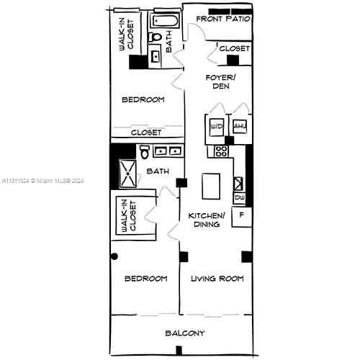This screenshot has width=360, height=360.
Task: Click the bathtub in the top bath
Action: [x=165, y=21]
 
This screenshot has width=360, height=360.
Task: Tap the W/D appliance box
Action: [x=217, y=127]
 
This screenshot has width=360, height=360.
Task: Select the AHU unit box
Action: [x=240, y=126]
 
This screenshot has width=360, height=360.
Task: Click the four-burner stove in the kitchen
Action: [x=221, y=151]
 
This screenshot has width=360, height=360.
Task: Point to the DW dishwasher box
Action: [x=240, y=198]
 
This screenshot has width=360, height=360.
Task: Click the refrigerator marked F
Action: [x=241, y=217]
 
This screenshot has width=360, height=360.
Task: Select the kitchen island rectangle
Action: [x=211, y=186]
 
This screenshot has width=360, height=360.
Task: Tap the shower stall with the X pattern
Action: [x=128, y=174]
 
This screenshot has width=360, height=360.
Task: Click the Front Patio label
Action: [x=223, y=19]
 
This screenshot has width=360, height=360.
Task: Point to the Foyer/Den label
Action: [x=221, y=82]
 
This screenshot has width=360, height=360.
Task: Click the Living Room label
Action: [x=217, y=279]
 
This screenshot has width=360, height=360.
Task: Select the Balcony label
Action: [x=185, y=333]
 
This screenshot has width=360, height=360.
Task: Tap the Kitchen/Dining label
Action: [x=207, y=220]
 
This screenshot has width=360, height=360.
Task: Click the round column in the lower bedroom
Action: [x=114, y=256]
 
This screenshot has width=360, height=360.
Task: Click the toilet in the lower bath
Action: [x=145, y=152]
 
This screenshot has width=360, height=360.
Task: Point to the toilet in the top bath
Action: [x=155, y=37]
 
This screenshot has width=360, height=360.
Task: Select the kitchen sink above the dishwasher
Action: [x=238, y=184]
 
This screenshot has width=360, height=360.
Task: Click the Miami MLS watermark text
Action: [x=43, y=181]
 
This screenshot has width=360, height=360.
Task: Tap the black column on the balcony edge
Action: [x=179, y=350]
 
